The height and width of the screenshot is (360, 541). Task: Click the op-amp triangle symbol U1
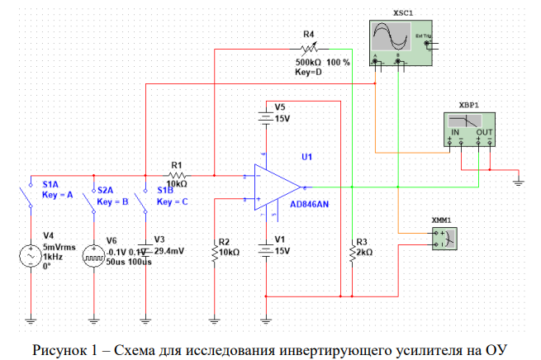click(278, 187)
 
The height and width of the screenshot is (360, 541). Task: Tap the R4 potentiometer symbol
click(308, 49)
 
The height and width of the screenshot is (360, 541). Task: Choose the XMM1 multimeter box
click(444, 237)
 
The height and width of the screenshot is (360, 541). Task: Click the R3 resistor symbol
click(352, 252)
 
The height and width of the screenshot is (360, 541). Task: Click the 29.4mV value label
click(171, 251)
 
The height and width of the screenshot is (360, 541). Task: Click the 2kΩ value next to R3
click(366, 252)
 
